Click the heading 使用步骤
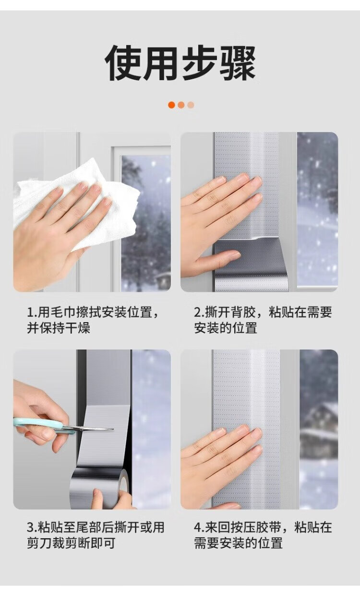[x=180, y=63]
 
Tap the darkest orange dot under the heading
[x=171, y=105]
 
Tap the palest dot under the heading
[x=191, y=105]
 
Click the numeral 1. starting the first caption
[x=32, y=313]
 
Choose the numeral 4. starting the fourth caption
[x=199, y=528]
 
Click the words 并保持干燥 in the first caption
[x=59, y=328]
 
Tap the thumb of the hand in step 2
[x=222, y=257]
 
